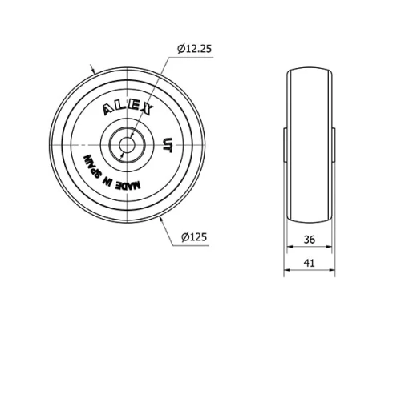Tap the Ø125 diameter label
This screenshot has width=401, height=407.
[x=194, y=236]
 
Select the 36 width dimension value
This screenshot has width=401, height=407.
[x=310, y=239]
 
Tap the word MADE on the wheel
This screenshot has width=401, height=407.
[x=128, y=184]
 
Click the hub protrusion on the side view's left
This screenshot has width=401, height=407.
[x=286, y=143]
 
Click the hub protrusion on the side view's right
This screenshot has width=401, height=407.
[x=334, y=143]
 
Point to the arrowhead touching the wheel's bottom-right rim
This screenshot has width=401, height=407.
[x=163, y=217]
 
